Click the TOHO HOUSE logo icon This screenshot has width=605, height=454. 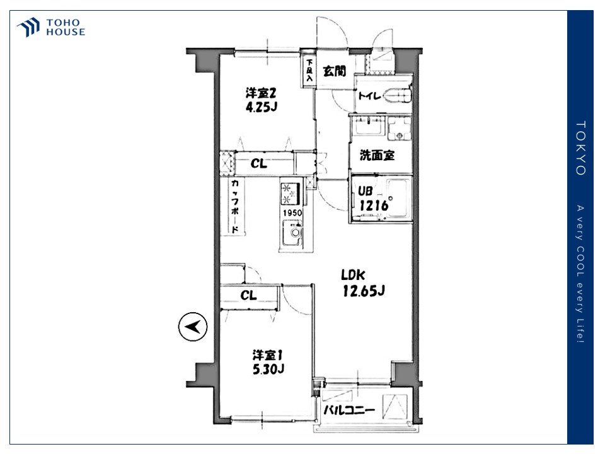coord(28,27)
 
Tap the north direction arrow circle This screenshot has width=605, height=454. coord(193,327)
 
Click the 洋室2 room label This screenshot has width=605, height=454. coord(261,93)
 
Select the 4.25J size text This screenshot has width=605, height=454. coord(262,107)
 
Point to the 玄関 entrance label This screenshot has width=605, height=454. coord(334,71)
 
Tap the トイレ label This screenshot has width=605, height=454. coord(370,95)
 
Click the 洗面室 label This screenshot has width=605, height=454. coord(377,155)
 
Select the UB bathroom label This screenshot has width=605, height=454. coord(365,191)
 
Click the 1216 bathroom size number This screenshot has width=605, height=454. coord(374,206)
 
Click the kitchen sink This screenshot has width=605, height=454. coord(292,233)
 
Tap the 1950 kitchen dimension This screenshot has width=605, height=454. coord(292,212)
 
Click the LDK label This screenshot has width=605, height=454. coord(353,275)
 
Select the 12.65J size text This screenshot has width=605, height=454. coord(364,291)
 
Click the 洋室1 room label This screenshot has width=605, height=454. coord(268,355)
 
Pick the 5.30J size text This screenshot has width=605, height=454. coord(268,370)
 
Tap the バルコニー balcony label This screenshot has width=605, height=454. coord(349,410)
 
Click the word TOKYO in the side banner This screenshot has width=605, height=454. coord(580,148)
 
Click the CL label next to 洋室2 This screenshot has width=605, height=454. coord(258,164)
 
